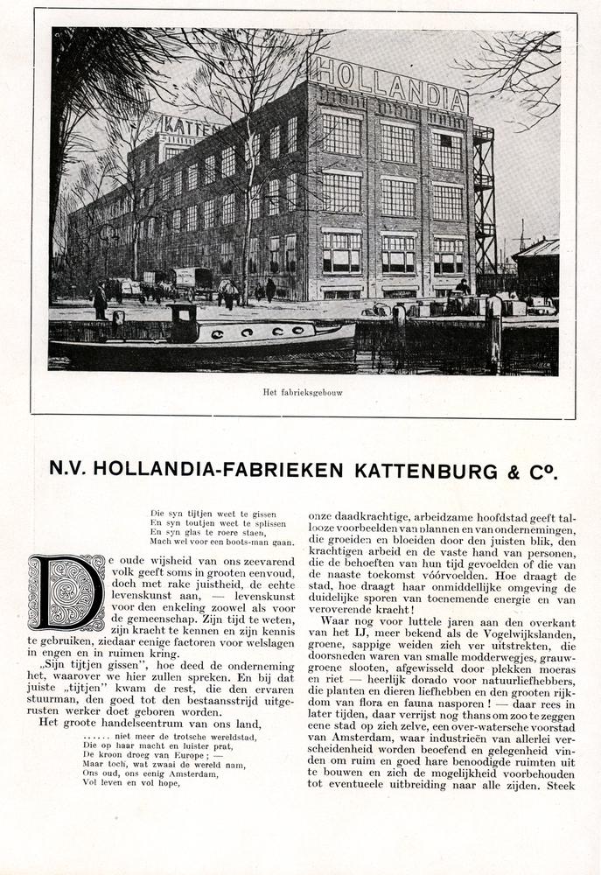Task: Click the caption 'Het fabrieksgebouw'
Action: [x=303, y=392]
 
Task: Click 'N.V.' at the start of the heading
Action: [x=68, y=470]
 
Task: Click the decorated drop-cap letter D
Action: [x=66, y=592]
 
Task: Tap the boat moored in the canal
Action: [x=210, y=334]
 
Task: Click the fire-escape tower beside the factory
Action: [x=484, y=201]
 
